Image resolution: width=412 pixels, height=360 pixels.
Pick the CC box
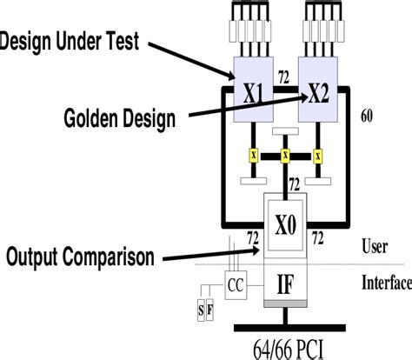[x=236, y=283]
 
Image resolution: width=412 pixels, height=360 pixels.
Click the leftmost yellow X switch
[x=253, y=156]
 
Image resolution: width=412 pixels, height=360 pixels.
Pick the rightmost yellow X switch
[x=318, y=156]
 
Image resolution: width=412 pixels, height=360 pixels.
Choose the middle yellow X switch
[x=285, y=156]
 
